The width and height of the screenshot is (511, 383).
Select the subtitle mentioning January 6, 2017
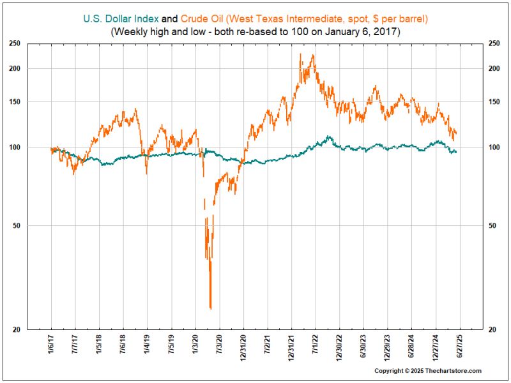tap(256, 31)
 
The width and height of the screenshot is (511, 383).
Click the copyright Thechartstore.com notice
tap(427, 371)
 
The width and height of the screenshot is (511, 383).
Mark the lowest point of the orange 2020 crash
tap(210, 308)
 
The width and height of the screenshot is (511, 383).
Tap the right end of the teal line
tap(456, 151)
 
